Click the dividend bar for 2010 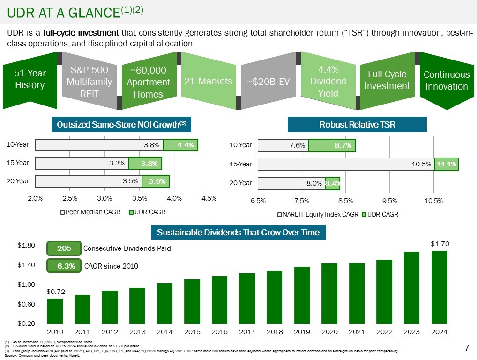(55, 311)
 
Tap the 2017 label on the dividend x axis (246, 332)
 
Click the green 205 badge (64, 248)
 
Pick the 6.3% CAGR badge (64, 266)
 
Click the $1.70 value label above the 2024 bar (440, 244)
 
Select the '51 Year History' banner (30, 79)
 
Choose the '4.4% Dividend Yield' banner (328, 81)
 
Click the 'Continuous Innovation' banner (446, 81)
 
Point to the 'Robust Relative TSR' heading (357, 124)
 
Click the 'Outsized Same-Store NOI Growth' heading (121, 124)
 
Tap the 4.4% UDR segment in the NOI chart (180, 145)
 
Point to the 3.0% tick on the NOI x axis (104, 198)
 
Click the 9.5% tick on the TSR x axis (390, 200)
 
